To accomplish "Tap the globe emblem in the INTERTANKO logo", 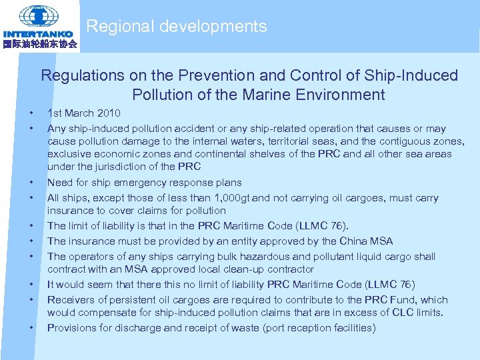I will [x=39, y=15].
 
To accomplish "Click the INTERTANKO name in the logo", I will [x=38, y=34].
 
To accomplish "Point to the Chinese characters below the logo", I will [x=39, y=45].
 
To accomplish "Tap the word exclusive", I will [x=69, y=154].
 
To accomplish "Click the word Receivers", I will [x=70, y=300].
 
